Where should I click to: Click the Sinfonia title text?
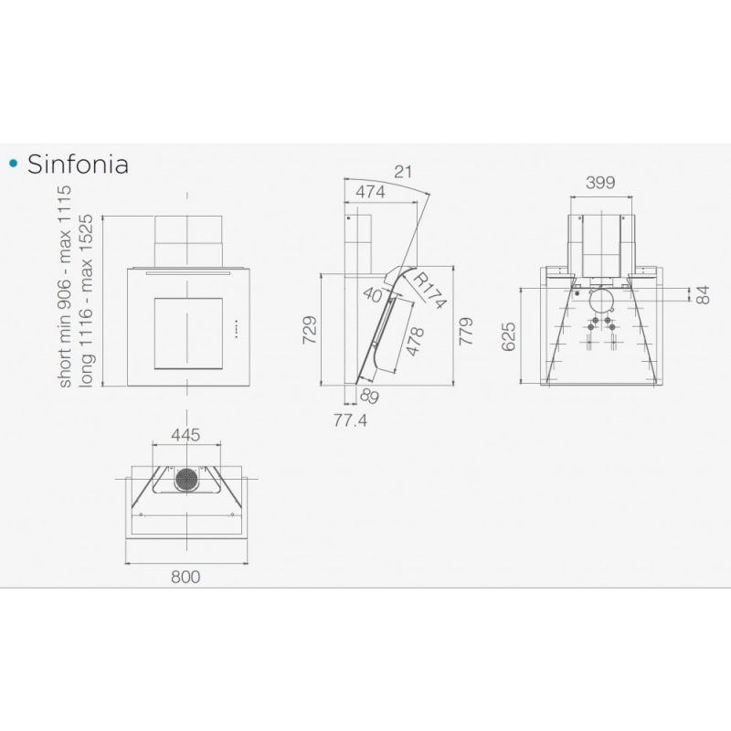pos(77,164)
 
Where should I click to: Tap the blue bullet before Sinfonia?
pos(12,164)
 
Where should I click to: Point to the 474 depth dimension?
pos(369,192)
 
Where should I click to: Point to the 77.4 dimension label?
pos(349,421)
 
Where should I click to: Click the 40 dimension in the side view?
pos(373,295)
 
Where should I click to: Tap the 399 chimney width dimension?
pos(599,182)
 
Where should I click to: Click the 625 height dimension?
pos(509,336)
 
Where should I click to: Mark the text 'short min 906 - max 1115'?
pos(65,285)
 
